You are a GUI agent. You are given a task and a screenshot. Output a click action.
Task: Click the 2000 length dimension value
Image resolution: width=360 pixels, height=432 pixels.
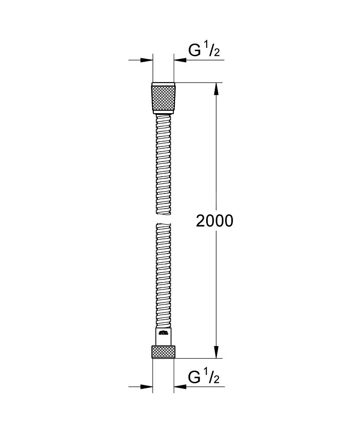(214, 221)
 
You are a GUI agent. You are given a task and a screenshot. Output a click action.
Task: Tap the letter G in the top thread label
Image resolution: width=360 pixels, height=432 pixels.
(195, 51)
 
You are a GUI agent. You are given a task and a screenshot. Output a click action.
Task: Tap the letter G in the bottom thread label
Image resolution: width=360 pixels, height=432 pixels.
(195, 377)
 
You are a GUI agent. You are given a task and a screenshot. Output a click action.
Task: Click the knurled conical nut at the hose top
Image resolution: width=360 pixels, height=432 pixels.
(163, 97)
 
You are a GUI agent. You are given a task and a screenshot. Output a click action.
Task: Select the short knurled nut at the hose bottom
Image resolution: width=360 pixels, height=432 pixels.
(163, 352)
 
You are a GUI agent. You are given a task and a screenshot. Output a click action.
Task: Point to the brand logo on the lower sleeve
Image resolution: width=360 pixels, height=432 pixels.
(163, 333)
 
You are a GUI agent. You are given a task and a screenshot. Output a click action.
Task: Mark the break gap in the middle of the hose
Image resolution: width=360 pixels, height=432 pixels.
(163, 219)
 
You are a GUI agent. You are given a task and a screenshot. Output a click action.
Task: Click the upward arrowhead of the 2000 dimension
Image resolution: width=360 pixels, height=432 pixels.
(217, 89)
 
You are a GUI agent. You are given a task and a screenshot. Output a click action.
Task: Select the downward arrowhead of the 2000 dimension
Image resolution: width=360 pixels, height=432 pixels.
(217, 352)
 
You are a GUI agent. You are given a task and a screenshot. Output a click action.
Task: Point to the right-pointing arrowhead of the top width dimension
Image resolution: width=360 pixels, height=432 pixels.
(147, 60)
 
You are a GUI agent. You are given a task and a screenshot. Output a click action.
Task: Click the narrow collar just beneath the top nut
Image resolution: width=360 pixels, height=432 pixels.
(163, 113)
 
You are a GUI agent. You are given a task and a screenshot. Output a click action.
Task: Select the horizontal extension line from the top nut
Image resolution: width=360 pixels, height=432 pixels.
(199, 82)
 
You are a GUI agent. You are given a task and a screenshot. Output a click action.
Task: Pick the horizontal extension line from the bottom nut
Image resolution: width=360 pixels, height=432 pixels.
(199, 358)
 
